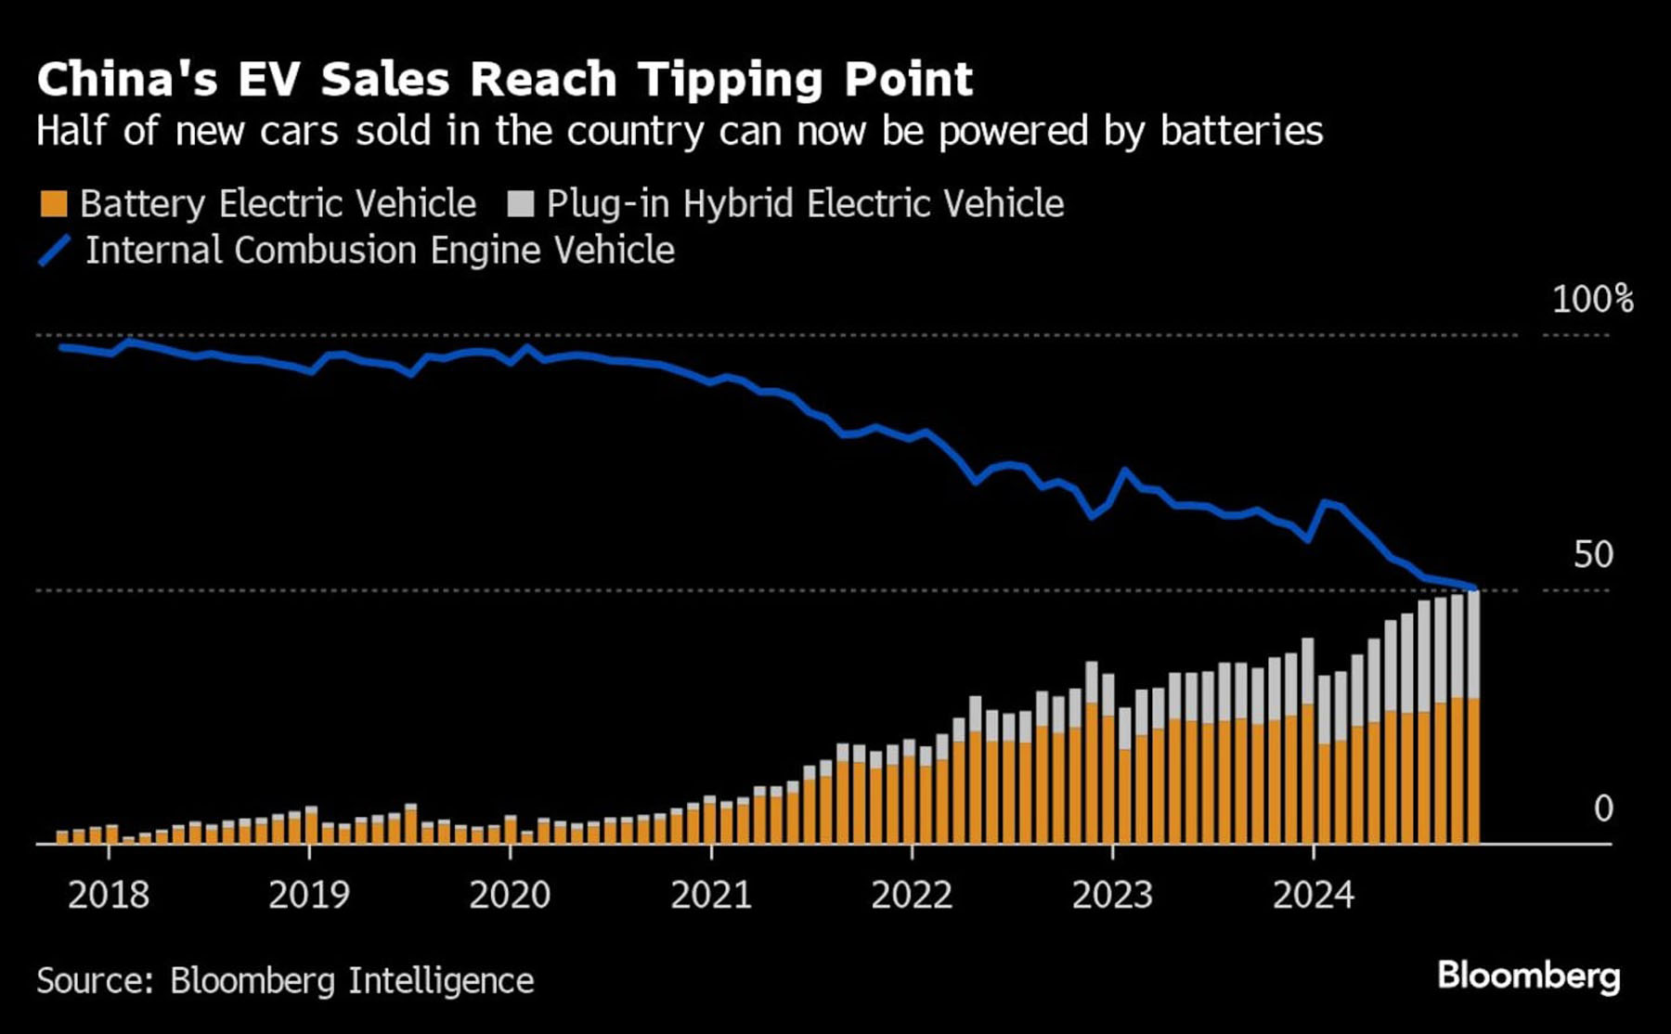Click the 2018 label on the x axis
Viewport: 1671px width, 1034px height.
tap(109, 895)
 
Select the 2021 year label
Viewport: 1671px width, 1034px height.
tap(711, 895)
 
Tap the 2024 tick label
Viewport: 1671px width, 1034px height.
tap(1313, 895)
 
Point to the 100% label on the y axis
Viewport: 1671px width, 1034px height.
tap(1593, 300)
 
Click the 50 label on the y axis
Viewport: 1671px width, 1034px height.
tap(1593, 555)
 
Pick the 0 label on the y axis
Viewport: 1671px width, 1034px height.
tap(1603, 809)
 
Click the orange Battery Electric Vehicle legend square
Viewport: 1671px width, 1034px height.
tap(54, 204)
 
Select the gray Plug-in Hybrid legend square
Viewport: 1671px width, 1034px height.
tap(521, 204)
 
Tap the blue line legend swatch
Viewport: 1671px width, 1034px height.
tap(54, 251)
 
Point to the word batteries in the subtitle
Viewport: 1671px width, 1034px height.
tap(1241, 131)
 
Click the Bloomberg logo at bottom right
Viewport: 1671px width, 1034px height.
tap(1528, 976)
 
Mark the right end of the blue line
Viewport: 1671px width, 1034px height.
tap(1474, 588)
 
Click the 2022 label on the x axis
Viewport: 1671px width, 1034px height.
tap(912, 895)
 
